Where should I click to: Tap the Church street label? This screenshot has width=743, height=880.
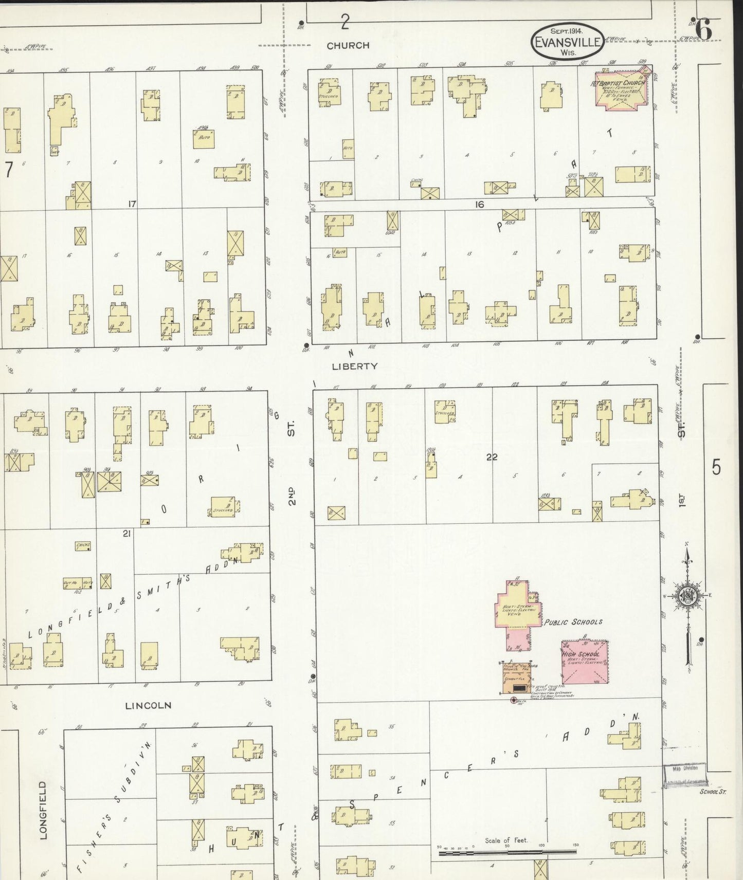click(348, 45)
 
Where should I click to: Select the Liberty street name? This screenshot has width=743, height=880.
click(354, 366)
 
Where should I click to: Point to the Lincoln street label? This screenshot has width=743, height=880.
click(148, 706)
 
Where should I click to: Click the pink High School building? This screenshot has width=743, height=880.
click(585, 662)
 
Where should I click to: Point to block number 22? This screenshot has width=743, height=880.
click(492, 456)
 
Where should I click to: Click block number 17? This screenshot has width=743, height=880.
click(132, 204)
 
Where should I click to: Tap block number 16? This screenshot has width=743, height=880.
click(479, 205)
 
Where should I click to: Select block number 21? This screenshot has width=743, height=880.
click(126, 534)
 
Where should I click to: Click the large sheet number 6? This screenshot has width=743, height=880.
click(703, 29)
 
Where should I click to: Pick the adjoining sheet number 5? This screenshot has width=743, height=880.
click(716, 468)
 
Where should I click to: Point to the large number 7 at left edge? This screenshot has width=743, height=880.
click(8, 171)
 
